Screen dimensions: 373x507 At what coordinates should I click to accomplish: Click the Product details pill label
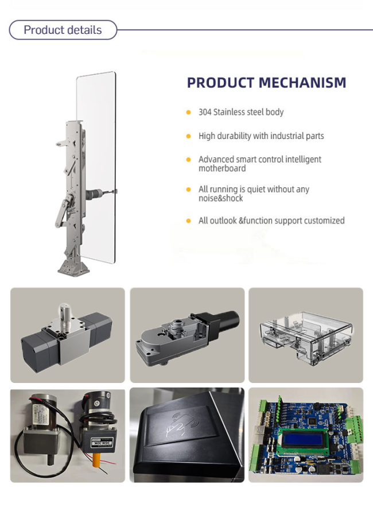click(63, 30)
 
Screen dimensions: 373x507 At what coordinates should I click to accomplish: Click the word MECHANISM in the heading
click(302, 83)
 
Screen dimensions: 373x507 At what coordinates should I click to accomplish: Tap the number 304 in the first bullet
click(205, 112)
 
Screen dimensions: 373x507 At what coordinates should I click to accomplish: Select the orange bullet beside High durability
click(188, 136)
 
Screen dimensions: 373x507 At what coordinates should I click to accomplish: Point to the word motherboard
click(222, 168)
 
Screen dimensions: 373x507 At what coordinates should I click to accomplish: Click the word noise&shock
click(221, 198)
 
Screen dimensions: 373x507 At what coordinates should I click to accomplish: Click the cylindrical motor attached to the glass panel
click(94, 194)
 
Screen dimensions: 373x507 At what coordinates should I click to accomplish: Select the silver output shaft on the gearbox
click(65, 312)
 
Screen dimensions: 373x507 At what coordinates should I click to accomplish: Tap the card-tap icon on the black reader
click(180, 424)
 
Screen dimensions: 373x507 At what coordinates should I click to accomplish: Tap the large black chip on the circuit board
click(312, 421)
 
